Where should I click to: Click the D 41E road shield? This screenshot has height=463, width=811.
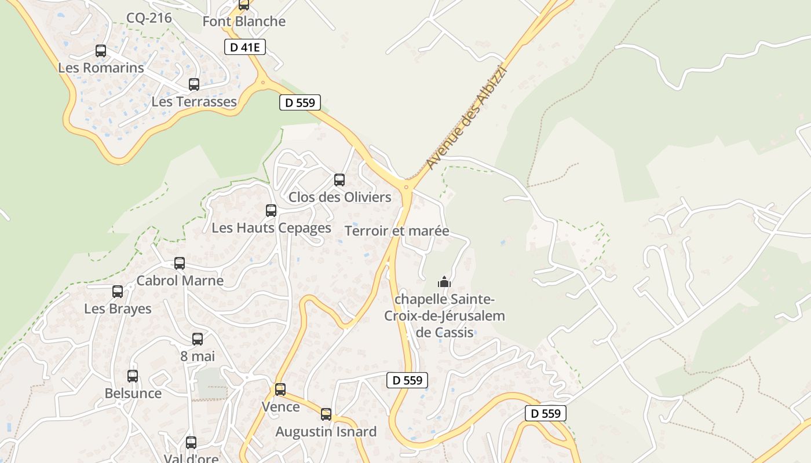click(245, 47)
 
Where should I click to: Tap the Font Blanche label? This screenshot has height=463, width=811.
click(244, 21)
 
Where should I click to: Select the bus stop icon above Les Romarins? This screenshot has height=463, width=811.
click(101, 51)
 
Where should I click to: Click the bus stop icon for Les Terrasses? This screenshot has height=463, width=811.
click(194, 84)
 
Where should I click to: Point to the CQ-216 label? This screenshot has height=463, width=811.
click(149, 18)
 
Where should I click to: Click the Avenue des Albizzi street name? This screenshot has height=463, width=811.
click(466, 118)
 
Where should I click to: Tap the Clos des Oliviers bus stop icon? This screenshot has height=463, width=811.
click(339, 180)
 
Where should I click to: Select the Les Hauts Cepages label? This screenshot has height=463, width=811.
click(271, 228)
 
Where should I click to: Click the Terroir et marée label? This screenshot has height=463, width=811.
click(397, 231)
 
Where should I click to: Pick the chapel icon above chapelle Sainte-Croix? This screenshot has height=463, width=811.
click(444, 282)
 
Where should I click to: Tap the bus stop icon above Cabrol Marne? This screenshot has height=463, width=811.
click(180, 263)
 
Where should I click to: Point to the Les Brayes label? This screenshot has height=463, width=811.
click(118, 308)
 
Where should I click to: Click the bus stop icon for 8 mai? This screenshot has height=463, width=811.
click(198, 339)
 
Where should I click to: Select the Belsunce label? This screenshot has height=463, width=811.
click(133, 394)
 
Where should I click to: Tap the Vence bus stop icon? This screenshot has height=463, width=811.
click(280, 389)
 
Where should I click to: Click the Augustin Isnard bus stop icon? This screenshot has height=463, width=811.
click(326, 414)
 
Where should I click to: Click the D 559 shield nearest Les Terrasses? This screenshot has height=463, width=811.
click(300, 103)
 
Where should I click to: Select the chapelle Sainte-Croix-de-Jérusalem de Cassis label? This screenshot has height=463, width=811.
click(445, 316)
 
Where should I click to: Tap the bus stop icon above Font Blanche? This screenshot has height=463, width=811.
click(244, 5)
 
